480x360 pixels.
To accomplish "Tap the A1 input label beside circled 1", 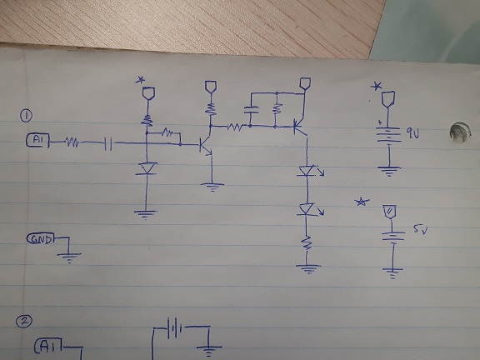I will [x=37, y=142].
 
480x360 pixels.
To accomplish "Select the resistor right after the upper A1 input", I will [x=72, y=142].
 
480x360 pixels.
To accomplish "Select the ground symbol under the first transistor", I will [x=213, y=186].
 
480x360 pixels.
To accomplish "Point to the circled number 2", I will [x=26, y=321].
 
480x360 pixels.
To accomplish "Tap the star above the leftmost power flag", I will [x=142, y=80].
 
